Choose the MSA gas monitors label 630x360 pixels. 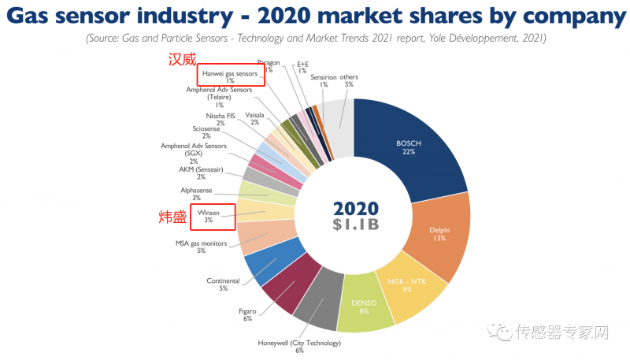click(201, 243)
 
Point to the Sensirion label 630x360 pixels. click(324, 77)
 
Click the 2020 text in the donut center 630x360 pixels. click(355, 209)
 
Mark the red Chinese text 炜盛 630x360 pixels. click(175, 215)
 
